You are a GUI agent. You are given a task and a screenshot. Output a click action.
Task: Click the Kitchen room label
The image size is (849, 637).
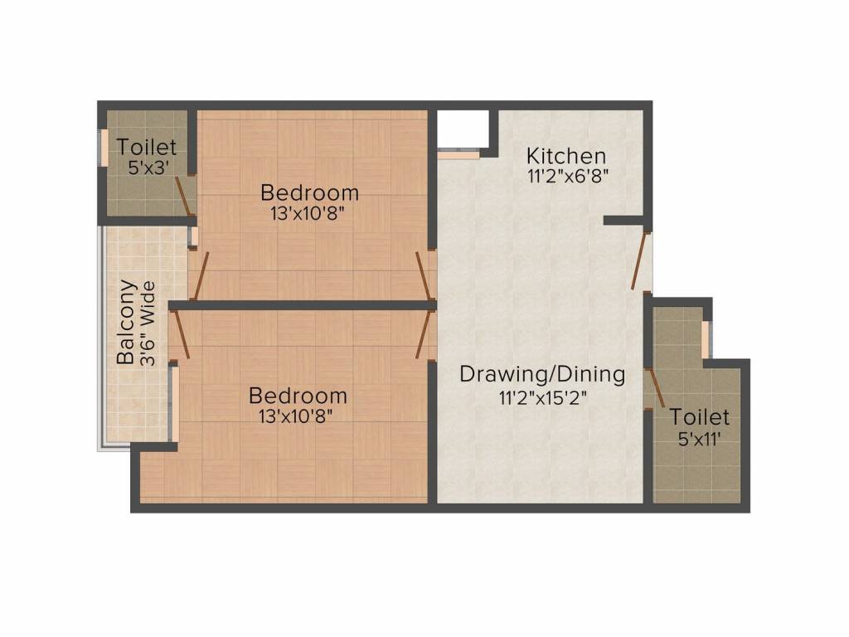566,156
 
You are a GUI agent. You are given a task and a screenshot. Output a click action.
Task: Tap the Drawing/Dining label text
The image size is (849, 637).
542,374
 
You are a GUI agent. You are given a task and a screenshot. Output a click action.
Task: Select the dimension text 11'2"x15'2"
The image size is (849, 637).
542,397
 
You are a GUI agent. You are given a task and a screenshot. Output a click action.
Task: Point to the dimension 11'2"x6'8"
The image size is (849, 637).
569,177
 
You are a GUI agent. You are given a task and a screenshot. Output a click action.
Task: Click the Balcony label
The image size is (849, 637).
126,323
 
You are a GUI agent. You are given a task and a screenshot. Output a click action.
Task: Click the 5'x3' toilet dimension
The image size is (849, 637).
146,167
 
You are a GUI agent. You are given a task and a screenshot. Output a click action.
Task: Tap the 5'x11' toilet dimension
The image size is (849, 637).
699,439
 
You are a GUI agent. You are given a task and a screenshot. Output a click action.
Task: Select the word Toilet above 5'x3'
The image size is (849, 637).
147,148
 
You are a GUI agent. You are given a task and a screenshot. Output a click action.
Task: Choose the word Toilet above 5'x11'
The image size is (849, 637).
700,416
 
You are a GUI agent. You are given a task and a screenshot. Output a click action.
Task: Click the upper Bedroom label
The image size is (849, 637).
309,193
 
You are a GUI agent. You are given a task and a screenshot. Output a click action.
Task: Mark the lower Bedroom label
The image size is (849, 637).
298,395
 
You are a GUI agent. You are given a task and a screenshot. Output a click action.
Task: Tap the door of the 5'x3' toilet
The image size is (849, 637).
184,196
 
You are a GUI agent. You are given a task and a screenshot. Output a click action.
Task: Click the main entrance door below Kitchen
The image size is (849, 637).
639,260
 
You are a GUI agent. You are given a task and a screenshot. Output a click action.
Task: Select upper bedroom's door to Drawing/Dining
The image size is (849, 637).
424,275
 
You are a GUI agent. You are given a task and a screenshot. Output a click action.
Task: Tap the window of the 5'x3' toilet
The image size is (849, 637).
104,148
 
